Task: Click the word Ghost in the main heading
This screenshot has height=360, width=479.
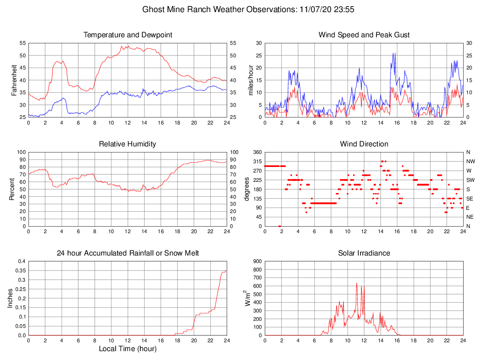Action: pyautogui.click(x=153, y=9)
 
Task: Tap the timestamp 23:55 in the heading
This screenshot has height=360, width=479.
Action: pyautogui.click(x=346, y=9)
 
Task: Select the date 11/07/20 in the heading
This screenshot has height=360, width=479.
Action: pyautogui.click(x=315, y=9)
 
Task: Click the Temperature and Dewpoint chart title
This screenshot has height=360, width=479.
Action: pyautogui.click(x=127, y=35)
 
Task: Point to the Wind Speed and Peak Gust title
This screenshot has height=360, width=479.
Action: pyautogui.click(x=364, y=35)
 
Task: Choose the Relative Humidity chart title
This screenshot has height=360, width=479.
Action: pyautogui.click(x=127, y=144)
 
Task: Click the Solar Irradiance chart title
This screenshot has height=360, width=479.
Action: pyautogui.click(x=364, y=253)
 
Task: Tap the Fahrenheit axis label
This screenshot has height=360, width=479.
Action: pyautogui.click(x=14, y=80)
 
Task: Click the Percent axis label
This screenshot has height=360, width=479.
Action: pyautogui.click(x=12, y=189)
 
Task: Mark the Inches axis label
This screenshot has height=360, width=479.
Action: pyautogui.click(x=10, y=298)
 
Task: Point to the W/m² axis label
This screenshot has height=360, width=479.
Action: pyautogui.click(x=248, y=298)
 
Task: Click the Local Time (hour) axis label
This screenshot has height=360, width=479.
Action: pyautogui.click(x=127, y=349)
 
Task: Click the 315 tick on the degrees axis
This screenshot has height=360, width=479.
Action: pyautogui.click(x=257, y=161)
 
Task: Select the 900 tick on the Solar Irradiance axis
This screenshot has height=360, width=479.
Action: pyautogui.click(x=257, y=262)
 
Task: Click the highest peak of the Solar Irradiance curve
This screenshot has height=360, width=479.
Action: pyautogui.click(x=357, y=283)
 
